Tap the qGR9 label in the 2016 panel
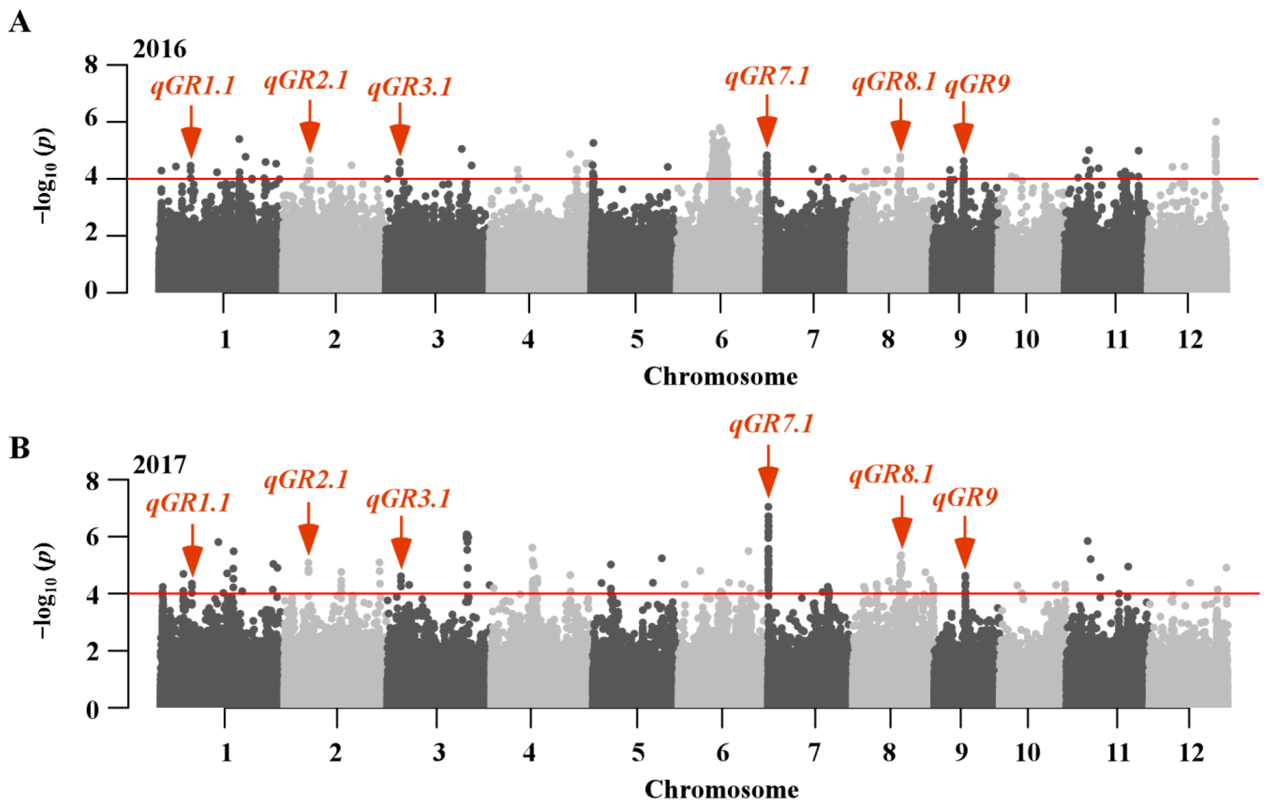(977, 84)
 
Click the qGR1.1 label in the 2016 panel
(193, 86)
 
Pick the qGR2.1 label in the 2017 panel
(306, 479)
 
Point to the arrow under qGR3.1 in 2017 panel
(401, 542)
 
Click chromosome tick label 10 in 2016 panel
(1026, 340)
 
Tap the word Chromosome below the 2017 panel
(721, 790)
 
